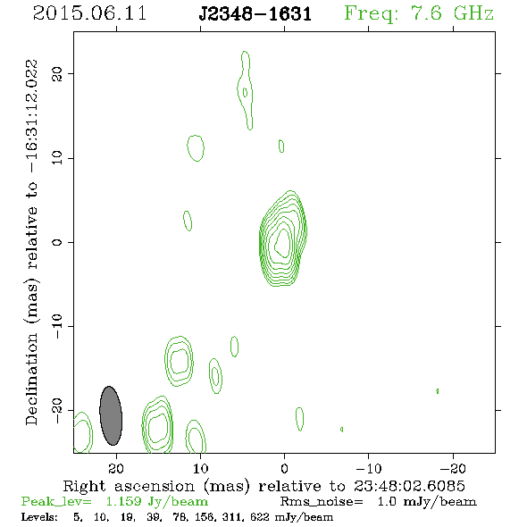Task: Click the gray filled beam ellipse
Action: (111, 415)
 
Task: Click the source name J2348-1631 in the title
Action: (255, 14)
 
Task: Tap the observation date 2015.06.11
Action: (89, 13)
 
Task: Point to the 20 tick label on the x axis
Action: (116, 468)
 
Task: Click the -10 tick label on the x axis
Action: (369, 468)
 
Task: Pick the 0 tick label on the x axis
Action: (284, 468)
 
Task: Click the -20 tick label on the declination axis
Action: (57, 411)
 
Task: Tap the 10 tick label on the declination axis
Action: (57, 157)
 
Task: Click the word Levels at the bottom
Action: (39, 516)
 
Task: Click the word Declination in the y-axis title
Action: (31, 379)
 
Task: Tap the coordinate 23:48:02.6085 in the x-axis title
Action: (409, 486)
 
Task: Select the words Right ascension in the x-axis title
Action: (129, 486)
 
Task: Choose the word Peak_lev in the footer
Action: (56, 501)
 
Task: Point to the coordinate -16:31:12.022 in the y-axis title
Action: (31, 116)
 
